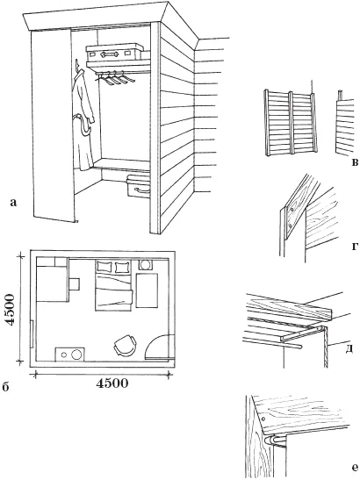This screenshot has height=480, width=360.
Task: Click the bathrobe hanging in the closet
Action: tap(83, 119)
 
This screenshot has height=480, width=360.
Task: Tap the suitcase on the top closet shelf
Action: tap(115, 52)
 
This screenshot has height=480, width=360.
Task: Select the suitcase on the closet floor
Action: tap(139, 186)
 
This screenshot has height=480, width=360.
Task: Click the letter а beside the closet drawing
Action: tap(13, 203)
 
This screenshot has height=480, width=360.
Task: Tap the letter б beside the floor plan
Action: tap(5, 387)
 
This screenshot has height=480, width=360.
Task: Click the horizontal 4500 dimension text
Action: tap(112, 383)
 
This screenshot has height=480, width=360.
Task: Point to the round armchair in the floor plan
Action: tap(125, 345)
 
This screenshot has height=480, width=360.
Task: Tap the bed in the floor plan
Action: tap(113, 285)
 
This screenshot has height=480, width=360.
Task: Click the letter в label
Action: tap(355, 162)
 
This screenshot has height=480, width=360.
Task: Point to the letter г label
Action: tap(355, 246)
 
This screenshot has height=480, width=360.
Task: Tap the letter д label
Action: tap(349, 348)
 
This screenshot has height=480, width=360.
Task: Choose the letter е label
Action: tap(355, 468)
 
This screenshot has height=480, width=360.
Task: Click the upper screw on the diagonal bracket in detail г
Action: tap(293, 210)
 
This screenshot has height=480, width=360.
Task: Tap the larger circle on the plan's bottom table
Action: tap(76, 355)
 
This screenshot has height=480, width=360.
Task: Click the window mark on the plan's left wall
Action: tap(32, 334)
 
